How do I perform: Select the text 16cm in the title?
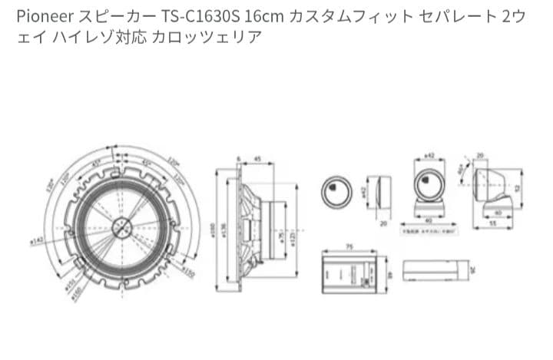click(x=253, y=15)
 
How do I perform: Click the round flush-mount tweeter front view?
click(x=336, y=189)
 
